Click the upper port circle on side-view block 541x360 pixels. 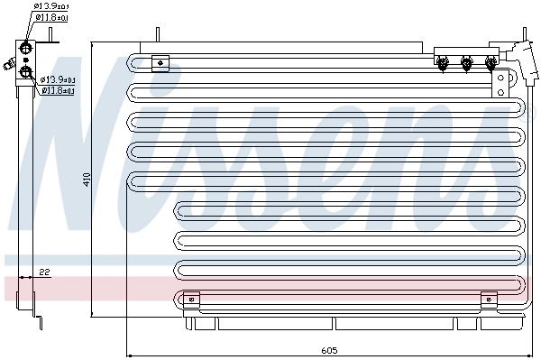pos(26,49)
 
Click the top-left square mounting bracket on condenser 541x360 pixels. pos(160,62)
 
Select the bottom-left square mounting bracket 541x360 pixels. pos(190,300)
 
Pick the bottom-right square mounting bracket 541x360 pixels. pos(489,300)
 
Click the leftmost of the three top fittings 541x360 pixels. pos(443,62)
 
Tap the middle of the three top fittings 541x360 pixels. pos(466,62)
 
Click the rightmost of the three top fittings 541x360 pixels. pos(490,62)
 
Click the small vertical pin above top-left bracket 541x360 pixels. pos(156,35)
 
